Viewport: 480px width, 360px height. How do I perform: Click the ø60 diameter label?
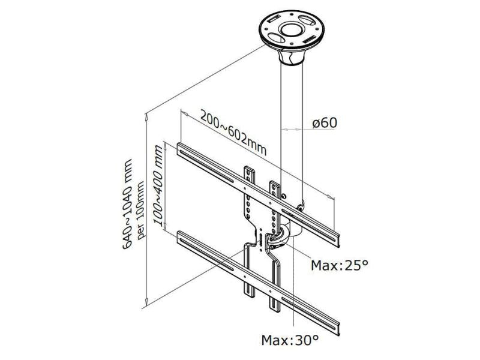click(325, 122)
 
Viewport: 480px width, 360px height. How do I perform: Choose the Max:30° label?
click(290, 340)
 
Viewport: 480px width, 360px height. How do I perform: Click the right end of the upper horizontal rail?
click(338, 238)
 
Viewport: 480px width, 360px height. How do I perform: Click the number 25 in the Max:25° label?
click(351, 265)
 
